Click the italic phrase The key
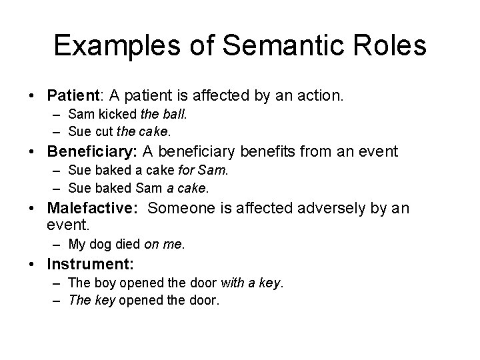tap(91, 300)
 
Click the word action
tap(321, 97)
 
